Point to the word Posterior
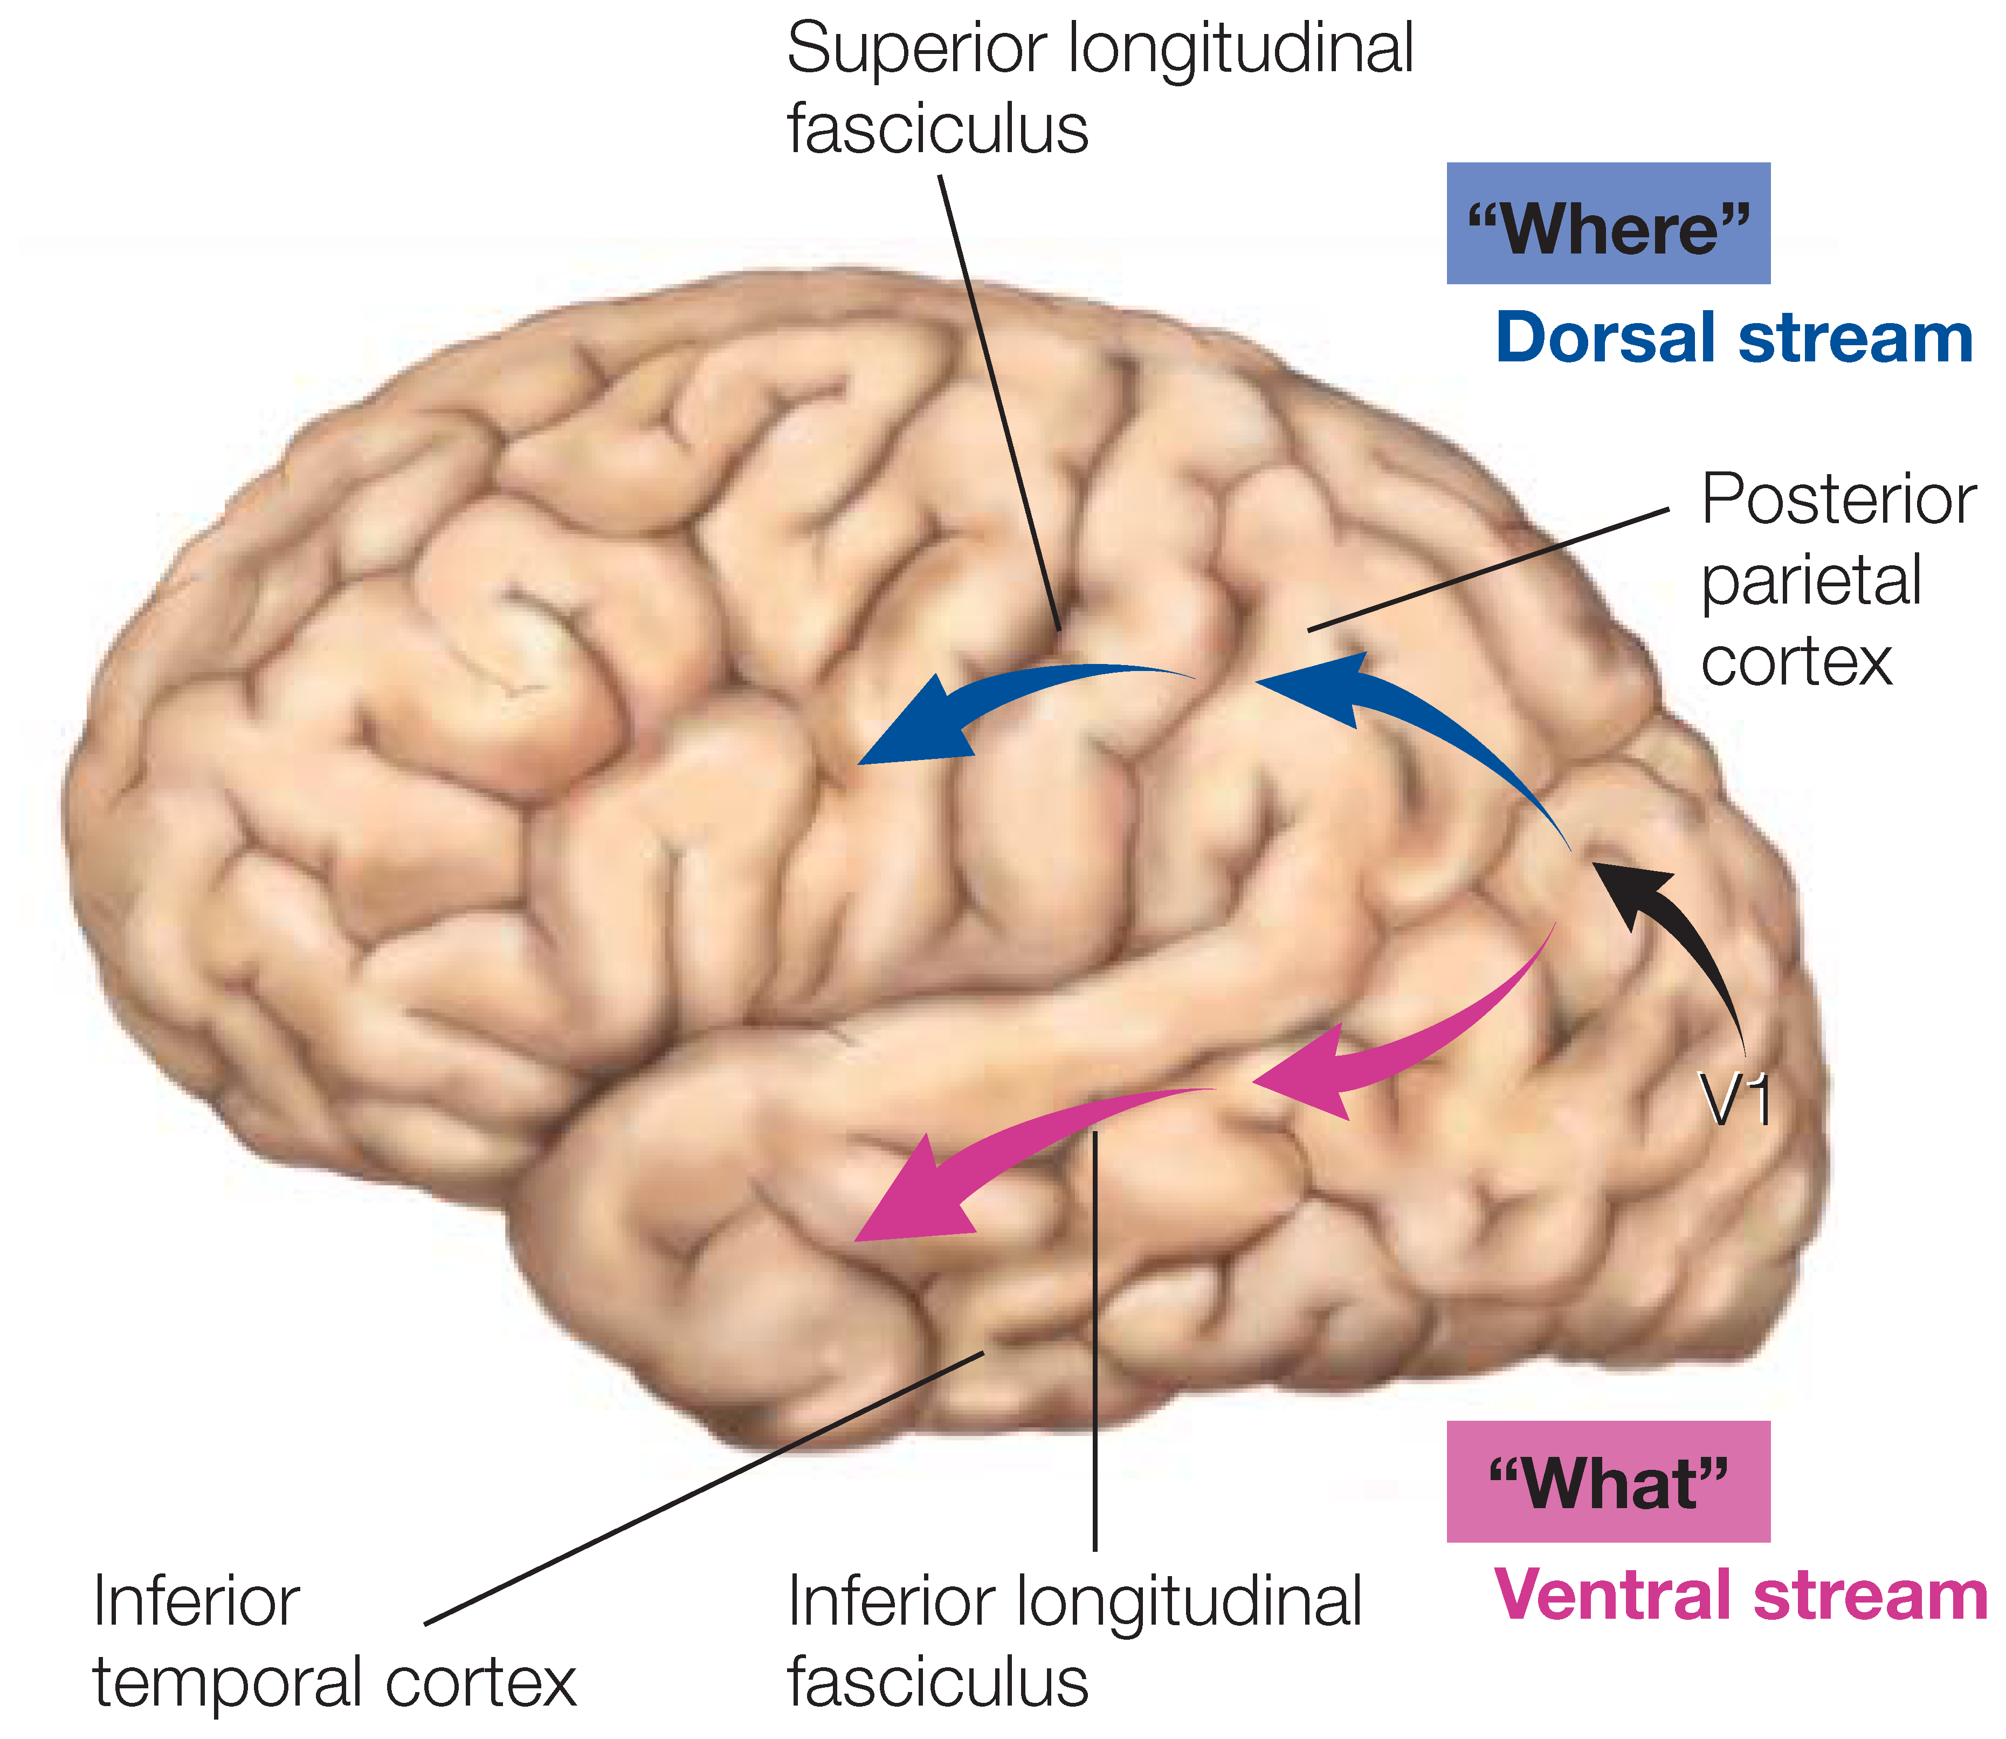pyautogui.click(x=1838, y=501)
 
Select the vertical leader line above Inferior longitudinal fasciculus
pyautogui.click(x=1095, y=1339)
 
